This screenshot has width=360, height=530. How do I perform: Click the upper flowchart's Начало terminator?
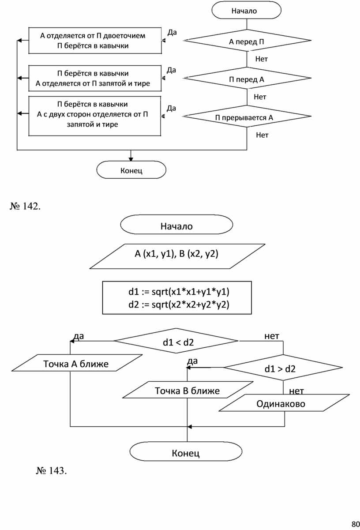[x=247, y=11]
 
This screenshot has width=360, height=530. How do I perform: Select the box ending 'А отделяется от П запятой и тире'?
[x=95, y=78]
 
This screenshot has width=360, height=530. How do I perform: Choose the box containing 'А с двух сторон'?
[x=95, y=116]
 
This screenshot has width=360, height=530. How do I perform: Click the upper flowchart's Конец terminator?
[x=131, y=170]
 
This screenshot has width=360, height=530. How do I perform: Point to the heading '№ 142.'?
[x=25, y=206]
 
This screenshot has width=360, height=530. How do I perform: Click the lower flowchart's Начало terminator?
[x=176, y=226]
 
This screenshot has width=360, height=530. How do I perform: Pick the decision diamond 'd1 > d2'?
[x=282, y=368]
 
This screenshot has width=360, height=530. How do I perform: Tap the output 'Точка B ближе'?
[x=187, y=391]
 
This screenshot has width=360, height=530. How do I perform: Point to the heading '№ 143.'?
[x=52, y=471]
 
